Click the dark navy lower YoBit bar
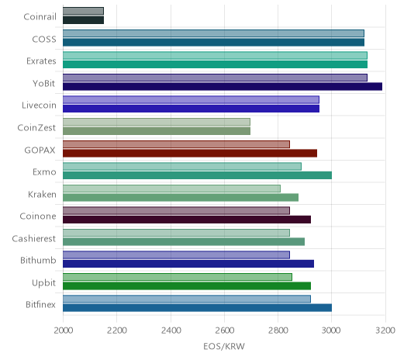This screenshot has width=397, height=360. pyautogui.click(x=223, y=87)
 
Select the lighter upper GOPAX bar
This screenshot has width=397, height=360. pyautogui.click(x=176, y=144)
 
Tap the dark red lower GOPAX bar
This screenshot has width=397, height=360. pyautogui.click(x=190, y=153)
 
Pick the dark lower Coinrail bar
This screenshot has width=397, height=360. pyautogui.click(x=83, y=20)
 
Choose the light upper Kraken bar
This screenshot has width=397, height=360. pyautogui.click(x=171, y=189)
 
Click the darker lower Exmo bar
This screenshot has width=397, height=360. pyautogui.click(x=197, y=175)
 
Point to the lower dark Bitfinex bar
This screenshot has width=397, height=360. pyautogui.click(x=197, y=308)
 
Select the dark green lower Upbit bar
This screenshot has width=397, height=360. pyautogui.click(x=187, y=286)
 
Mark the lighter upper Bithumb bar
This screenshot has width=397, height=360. pyautogui.click(x=176, y=255)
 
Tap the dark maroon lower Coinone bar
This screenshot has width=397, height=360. pyautogui.click(x=187, y=220)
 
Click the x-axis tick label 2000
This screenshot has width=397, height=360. pyautogui.click(x=64, y=331)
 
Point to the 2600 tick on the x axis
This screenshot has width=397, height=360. pyautogui.click(x=225, y=331)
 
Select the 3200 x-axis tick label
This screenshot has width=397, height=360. pyautogui.click(x=385, y=331)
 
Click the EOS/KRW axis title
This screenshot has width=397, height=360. pyautogui.click(x=224, y=347)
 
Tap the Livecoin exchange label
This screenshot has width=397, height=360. pyautogui.click(x=39, y=106)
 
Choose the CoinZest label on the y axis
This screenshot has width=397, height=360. pyautogui.click(x=36, y=127)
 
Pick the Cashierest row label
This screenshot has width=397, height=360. pyautogui.click(x=34, y=238)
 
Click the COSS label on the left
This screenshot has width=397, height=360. pyautogui.click(x=44, y=40)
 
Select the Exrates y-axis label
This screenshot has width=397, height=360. pyautogui.click(x=41, y=61)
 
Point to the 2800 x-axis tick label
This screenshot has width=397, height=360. pyautogui.click(x=278, y=331)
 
